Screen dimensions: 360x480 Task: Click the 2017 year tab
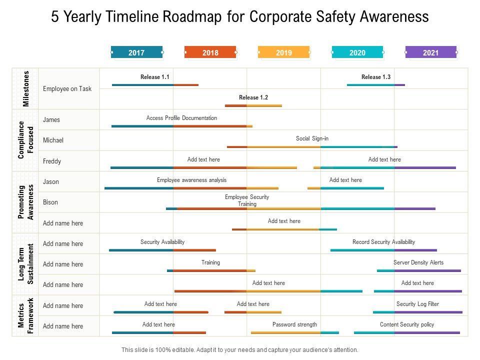point(136,52)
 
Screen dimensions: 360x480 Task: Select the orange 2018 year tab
point(210,52)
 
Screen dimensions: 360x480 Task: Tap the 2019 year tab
point(283,52)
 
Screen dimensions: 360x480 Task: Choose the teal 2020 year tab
point(357,52)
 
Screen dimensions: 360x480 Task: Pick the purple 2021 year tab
point(430,52)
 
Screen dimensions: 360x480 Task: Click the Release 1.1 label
point(155,77)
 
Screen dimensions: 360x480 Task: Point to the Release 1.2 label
point(253,97)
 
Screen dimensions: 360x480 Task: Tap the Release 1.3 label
point(376,77)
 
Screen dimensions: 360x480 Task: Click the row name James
point(51,119)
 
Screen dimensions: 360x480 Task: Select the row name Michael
point(53,140)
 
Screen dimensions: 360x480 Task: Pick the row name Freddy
point(52,161)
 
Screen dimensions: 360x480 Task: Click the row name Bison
point(50,202)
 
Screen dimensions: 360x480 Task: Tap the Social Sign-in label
point(312,138)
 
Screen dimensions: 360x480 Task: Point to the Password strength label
point(294,324)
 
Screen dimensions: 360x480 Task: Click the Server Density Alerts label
point(418,262)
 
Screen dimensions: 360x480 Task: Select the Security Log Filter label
point(417,304)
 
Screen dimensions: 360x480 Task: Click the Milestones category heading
point(26,88)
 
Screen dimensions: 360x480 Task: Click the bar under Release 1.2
point(253,105)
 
